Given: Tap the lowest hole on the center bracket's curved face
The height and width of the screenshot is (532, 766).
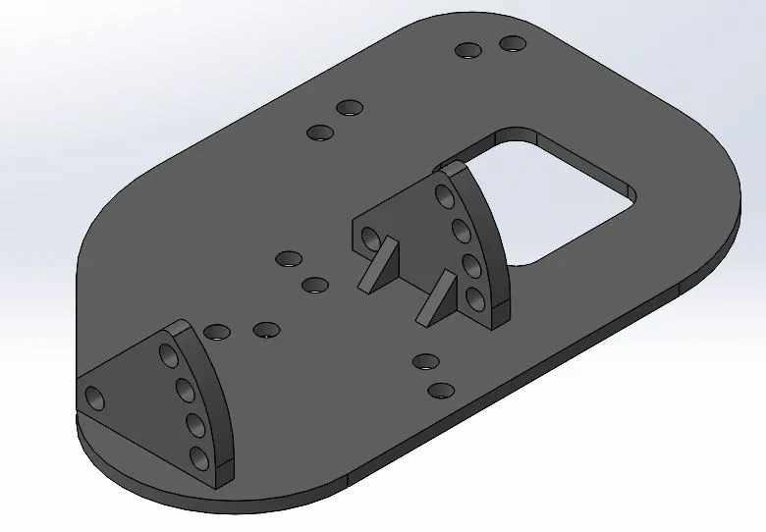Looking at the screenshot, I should (475, 296).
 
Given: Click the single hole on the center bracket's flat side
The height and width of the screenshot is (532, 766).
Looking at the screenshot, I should (370, 238).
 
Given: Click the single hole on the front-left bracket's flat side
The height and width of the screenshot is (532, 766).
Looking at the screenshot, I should (95, 398).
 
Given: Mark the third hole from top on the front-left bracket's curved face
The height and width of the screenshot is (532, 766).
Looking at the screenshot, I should (192, 425).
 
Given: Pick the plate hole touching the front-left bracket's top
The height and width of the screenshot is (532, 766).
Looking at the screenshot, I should (217, 333).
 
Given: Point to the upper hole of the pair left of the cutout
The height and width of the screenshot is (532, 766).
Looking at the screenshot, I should (349, 107).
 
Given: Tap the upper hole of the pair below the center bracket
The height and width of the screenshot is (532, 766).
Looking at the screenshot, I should (425, 360).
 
